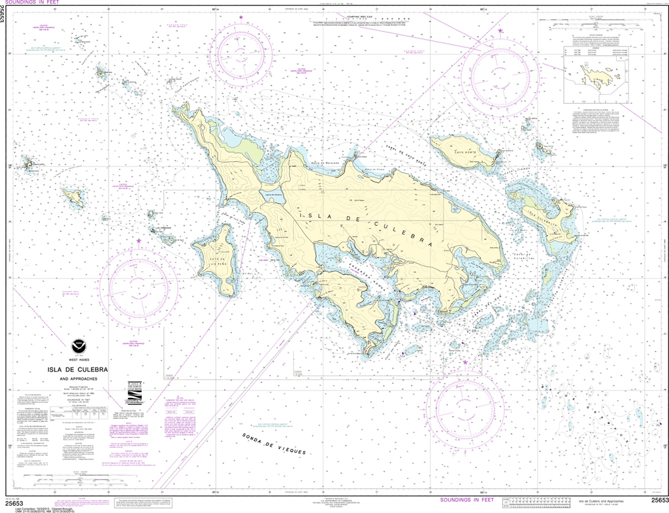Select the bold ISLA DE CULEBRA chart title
78,370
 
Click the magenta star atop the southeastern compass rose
465,361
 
